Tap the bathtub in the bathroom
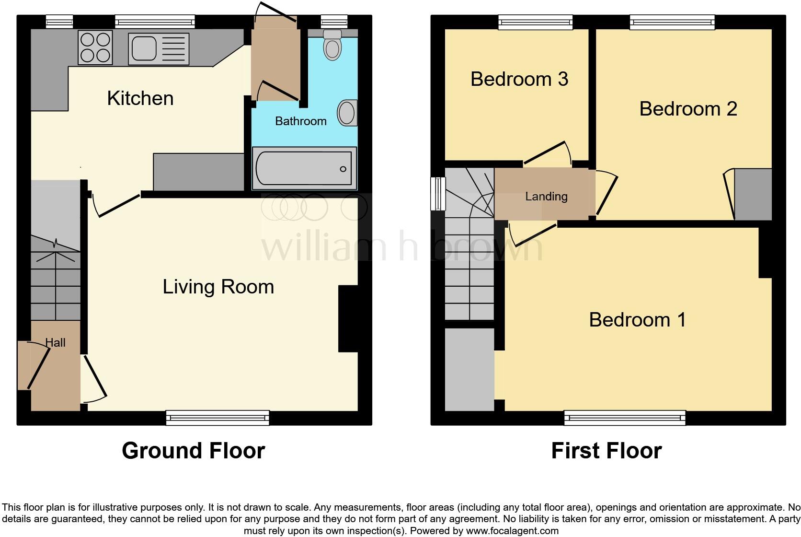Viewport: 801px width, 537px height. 304,168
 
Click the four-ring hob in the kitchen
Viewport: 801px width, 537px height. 95,47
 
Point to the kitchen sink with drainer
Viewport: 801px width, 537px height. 159,49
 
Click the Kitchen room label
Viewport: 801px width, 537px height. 140,98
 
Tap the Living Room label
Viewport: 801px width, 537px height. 218,287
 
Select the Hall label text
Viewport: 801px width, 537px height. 55,342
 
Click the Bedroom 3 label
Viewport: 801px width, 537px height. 519,79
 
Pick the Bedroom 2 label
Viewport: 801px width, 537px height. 687,109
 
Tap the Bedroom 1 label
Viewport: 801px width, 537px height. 637,320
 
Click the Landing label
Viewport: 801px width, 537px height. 546,196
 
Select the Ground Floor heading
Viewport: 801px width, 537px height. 193,451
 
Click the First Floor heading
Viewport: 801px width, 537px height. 606,451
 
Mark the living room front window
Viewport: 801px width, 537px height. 217,418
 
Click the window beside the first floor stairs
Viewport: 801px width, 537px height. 437,194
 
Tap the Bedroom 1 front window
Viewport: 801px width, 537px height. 624,418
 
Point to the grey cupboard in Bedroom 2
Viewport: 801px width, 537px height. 753,194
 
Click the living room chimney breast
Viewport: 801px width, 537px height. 348,319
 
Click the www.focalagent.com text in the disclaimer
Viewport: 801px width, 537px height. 512,531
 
